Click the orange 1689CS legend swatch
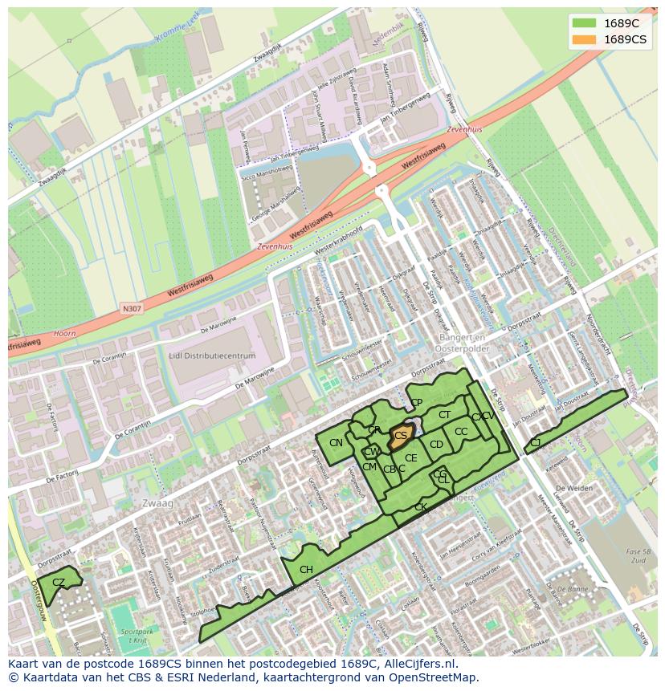(x=584, y=39)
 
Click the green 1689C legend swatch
(x=584, y=23)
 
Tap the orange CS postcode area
(x=401, y=436)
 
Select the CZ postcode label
(x=59, y=583)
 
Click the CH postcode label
(x=306, y=571)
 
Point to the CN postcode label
(x=336, y=443)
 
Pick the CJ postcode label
(x=535, y=443)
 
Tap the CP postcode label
(x=416, y=403)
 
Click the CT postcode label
(x=444, y=415)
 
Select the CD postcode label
(x=436, y=445)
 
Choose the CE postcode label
(x=410, y=458)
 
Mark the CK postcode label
(x=420, y=507)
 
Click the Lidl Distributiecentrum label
(x=213, y=356)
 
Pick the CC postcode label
(x=461, y=432)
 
